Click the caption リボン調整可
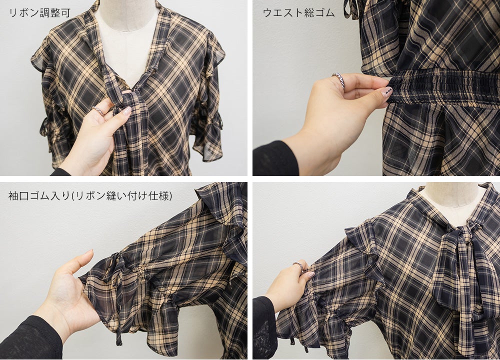(x=40, y=13)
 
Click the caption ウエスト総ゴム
(x=298, y=13)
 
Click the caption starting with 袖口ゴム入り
(x=90, y=196)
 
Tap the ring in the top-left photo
(x=98, y=110)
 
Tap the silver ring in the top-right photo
(x=339, y=79)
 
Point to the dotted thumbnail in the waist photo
(x=386, y=92)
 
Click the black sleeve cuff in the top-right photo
(x=275, y=158)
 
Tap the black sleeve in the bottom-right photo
(x=264, y=328)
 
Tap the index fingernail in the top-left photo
(x=127, y=111)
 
